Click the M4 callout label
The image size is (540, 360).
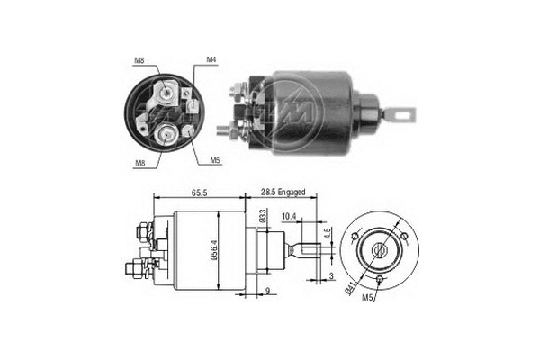tap(211, 60)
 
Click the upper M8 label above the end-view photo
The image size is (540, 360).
tap(139, 60)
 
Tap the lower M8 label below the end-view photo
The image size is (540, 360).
tap(139, 163)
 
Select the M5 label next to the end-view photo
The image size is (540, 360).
tap(215, 161)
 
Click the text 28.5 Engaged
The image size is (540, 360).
tap(283, 193)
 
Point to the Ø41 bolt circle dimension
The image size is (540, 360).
tap(350, 287)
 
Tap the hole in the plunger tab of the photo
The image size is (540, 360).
tap(402, 114)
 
